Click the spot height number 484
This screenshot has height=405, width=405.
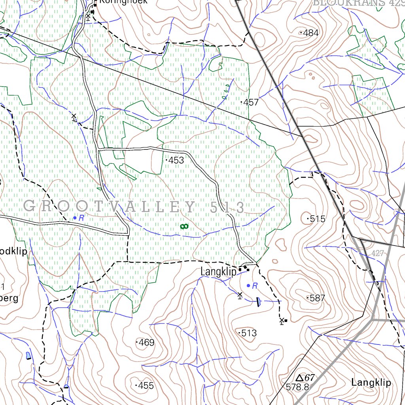point(310,33)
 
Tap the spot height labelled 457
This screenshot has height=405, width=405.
point(251,102)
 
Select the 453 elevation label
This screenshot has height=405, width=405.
point(176,160)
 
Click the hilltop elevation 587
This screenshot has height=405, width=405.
point(317,298)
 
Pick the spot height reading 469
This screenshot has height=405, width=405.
point(146,343)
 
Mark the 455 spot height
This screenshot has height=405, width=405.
point(146,385)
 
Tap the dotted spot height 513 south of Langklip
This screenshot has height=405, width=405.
point(248,333)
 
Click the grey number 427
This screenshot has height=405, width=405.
point(378,254)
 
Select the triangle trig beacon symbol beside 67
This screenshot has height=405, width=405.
point(299,378)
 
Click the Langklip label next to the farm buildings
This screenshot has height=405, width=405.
point(218,272)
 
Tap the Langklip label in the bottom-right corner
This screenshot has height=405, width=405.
point(371,382)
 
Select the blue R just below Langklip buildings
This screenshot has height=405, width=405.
point(255,286)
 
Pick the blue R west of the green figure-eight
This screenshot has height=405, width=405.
point(81,218)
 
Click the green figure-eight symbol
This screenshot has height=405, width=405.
point(184,226)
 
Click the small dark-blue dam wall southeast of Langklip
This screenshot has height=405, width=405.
point(258,302)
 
